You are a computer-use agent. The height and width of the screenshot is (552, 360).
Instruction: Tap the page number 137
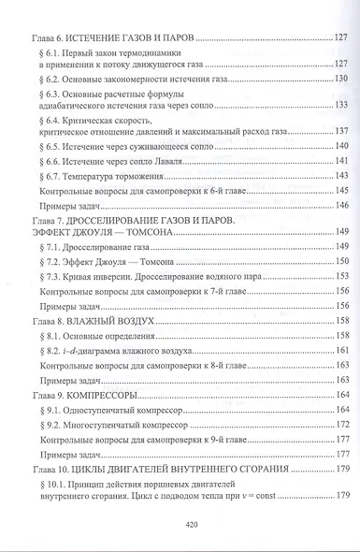click(341, 129)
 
